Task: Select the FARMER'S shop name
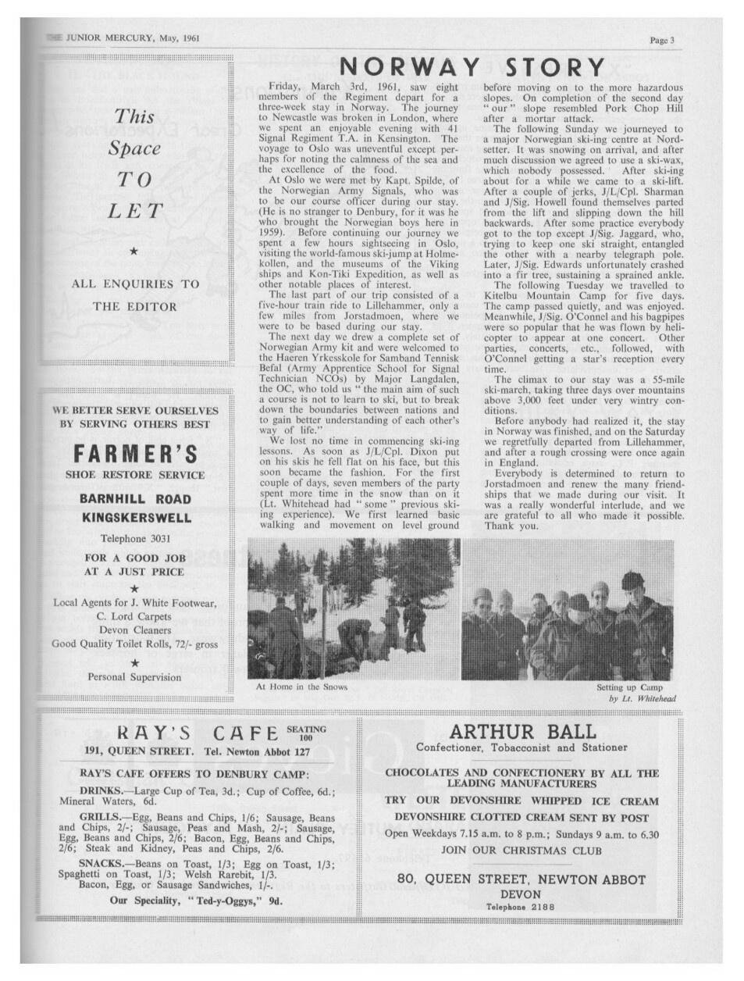pos(135,454)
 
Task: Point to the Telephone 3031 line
pos(135,539)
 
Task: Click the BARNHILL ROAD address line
pos(135,499)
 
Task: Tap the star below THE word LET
pos(135,251)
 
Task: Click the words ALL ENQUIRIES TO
pos(135,284)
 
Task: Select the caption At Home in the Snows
pos(301,687)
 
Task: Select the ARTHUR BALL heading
pos(522,732)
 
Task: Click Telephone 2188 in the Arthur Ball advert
pos(520,907)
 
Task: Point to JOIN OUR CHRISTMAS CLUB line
pos(521,850)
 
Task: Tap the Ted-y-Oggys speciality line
pos(196,900)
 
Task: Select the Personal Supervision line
pos(135,677)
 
